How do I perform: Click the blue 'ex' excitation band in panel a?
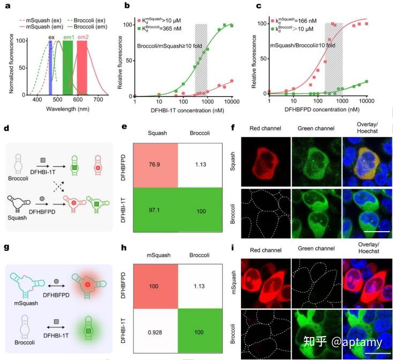51,67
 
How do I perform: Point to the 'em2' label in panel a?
83,37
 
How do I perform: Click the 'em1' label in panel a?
69,37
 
